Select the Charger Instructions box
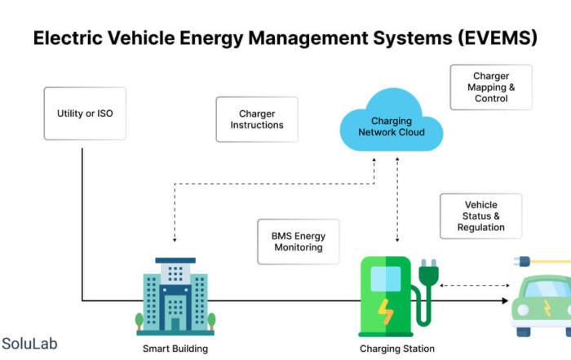[x=257, y=119]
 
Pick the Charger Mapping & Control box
[x=491, y=87]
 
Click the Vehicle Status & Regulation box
[x=480, y=216]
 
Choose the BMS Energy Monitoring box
[x=298, y=242]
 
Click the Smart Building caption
[x=175, y=349]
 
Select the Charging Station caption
[x=391, y=349]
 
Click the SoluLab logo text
[x=30, y=344]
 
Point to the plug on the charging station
[x=427, y=274]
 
